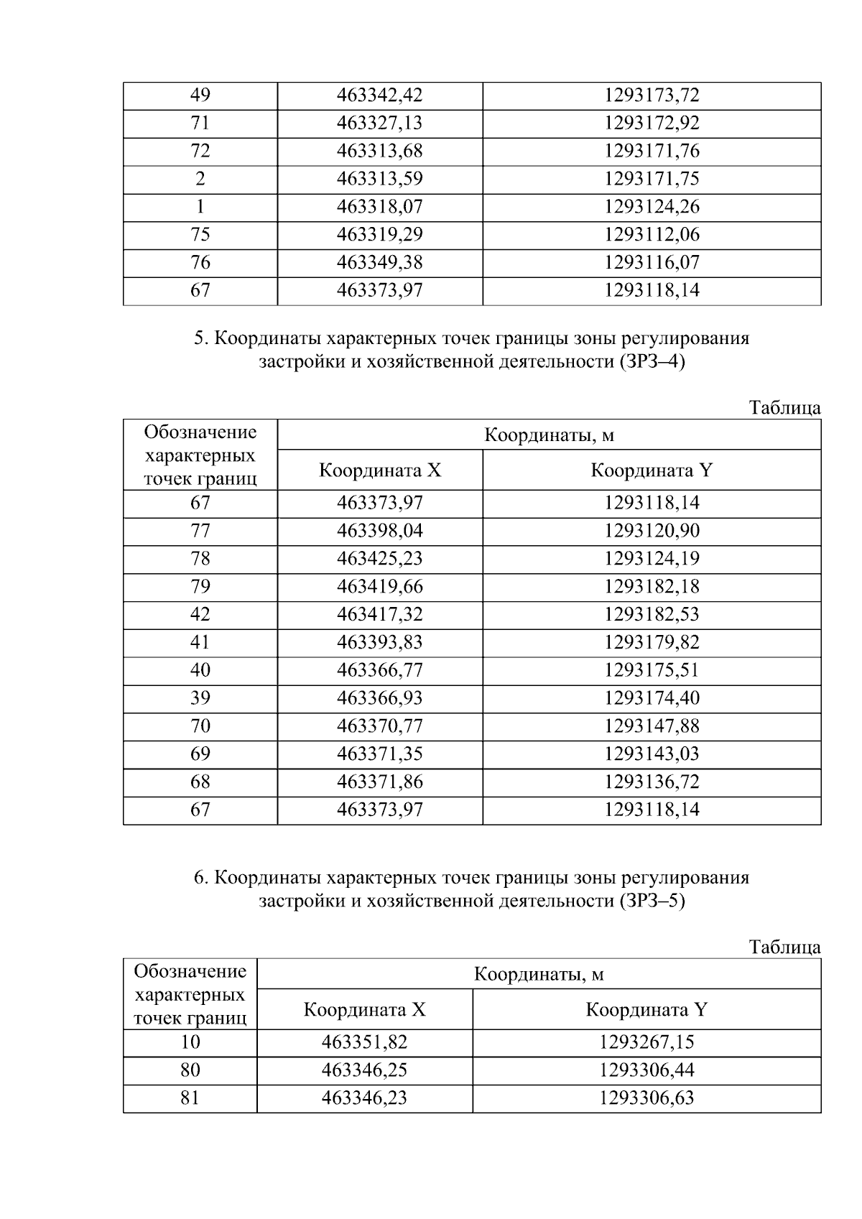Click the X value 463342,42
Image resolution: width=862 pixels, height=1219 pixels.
coord(379,96)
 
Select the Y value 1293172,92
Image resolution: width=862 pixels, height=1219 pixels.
coord(651,124)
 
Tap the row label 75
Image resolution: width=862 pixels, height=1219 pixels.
coord(200,235)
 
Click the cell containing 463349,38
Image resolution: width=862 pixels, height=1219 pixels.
coord(379,263)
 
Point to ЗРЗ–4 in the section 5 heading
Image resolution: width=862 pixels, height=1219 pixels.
coord(650,362)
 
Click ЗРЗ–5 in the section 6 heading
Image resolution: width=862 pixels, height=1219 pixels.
coord(650,901)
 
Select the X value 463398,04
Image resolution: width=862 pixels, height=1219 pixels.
coord(379,532)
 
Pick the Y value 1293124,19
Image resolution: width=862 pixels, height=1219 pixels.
coord(651,559)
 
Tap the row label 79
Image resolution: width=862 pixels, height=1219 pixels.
coord(200,587)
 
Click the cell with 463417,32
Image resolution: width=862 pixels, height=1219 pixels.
coord(379,615)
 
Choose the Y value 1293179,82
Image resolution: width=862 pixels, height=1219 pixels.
coord(651,643)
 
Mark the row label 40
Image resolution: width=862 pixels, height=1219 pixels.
coord(200,671)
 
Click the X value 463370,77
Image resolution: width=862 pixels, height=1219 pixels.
coord(379,726)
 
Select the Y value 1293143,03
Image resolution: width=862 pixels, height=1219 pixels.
coord(651,754)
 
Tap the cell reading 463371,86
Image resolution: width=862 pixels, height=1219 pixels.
coord(379,782)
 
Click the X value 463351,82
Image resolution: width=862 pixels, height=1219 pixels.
coord(364,1043)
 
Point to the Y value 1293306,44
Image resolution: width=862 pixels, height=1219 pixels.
coord(646,1071)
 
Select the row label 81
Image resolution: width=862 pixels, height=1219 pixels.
coord(190,1099)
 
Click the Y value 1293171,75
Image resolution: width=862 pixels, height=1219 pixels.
coord(651,179)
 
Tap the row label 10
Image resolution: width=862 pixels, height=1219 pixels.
coord(190,1043)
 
